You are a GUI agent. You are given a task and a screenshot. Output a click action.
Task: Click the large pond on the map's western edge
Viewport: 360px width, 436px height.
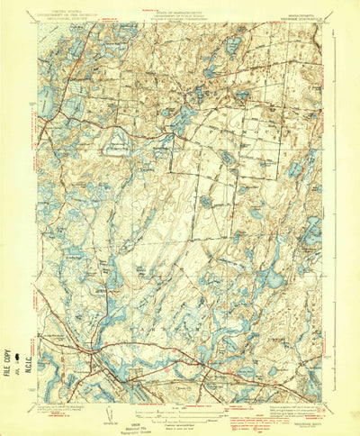(47, 104)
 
